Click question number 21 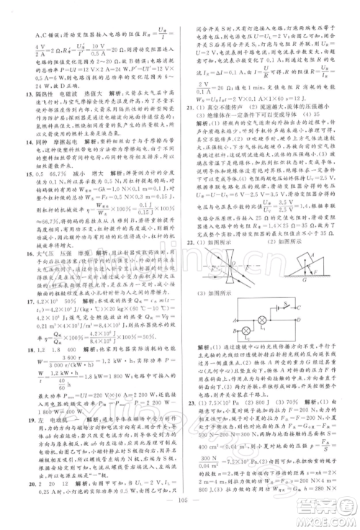click(189, 107)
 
